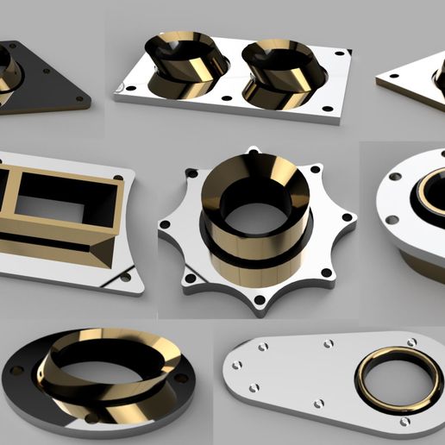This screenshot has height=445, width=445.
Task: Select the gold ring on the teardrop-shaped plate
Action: [397, 379]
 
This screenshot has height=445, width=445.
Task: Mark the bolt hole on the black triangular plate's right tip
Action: [81, 97]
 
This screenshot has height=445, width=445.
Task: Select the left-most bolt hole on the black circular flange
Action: [15, 370]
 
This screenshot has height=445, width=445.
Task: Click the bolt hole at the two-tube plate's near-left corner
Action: [131, 88]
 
